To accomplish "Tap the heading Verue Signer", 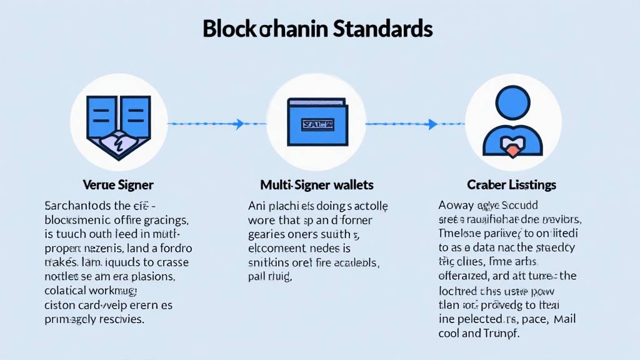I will click(118, 185).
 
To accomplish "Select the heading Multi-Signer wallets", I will click(316, 185).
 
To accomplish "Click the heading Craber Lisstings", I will click(511, 185).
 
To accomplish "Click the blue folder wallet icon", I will click(316, 122).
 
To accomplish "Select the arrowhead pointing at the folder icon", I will click(239, 124).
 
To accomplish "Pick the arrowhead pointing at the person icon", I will click(433, 124).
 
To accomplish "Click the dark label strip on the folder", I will click(317, 124).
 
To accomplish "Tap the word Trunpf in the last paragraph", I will click(499, 333).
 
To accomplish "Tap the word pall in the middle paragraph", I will click(257, 277).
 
